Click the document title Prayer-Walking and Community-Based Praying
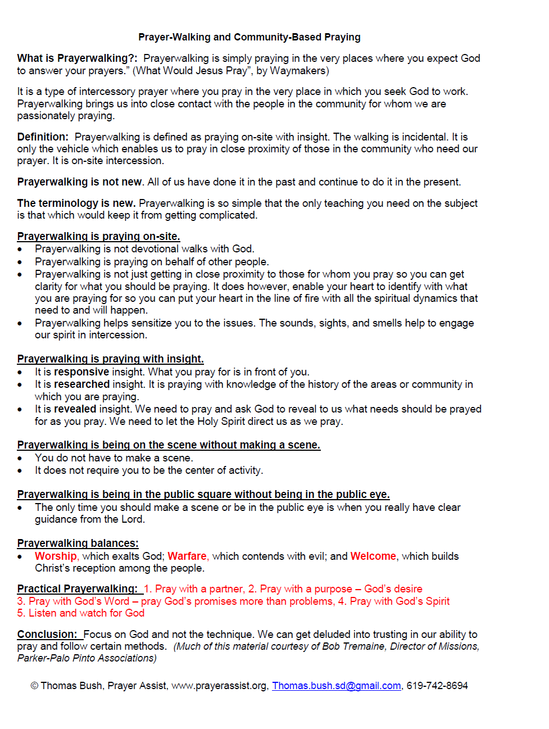(x=249, y=37)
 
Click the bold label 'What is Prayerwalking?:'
(x=77, y=58)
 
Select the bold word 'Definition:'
(x=43, y=137)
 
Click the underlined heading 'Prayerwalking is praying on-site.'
(x=98, y=237)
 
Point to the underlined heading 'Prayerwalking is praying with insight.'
(x=110, y=359)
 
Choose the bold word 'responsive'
(x=81, y=372)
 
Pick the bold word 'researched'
(x=81, y=384)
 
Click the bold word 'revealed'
(x=75, y=409)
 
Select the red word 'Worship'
(x=56, y=556)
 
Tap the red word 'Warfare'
(x=187, y=556)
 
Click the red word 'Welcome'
(x=373, y=556)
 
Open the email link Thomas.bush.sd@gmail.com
(x=337, y=686)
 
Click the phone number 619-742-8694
(x=437, y=686)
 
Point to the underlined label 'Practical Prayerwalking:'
(x=77, y=589)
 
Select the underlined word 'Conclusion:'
(x=47, y=635)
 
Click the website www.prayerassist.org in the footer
(x=219, y=686)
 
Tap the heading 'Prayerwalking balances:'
(x=78, y=544)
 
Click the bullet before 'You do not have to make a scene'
(x=20, y=459)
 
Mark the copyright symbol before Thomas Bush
(x=34, y=686)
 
